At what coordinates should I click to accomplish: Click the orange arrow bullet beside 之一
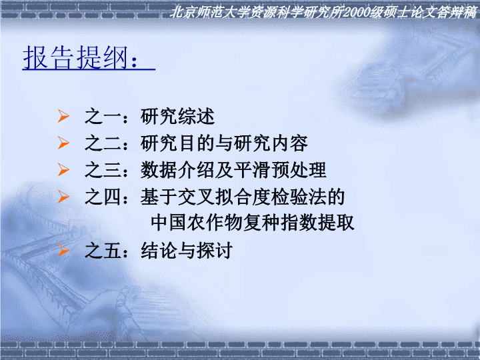coord(64,116)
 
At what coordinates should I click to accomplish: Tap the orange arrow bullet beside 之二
coord(64,143)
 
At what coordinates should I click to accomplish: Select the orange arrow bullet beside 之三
coord(64,169)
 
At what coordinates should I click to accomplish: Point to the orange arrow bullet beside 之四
coord(64,197)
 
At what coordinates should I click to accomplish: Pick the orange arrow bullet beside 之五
coord(64,250)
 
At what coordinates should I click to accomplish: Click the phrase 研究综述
coord(177,116)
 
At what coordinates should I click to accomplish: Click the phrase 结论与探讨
coord(187,251)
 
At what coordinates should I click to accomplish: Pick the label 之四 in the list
coord(103,197)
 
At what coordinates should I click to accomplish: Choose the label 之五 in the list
coord(103,251)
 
